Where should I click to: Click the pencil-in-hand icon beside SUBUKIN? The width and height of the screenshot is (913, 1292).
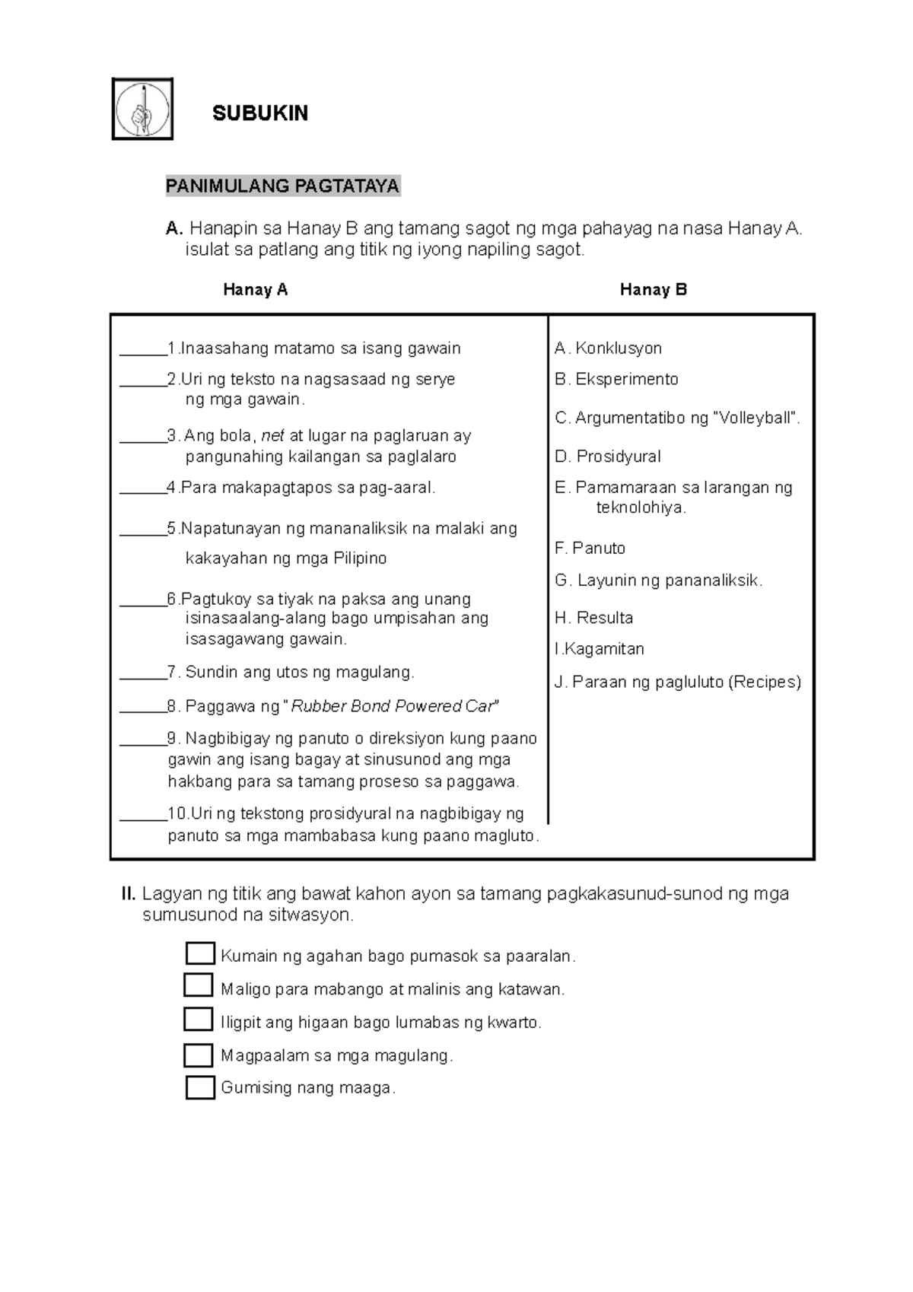tap(142, 109)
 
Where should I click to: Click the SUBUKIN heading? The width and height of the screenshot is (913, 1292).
tap(260, 113)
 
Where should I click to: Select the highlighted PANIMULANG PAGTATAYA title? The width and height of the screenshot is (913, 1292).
tap(283, 186)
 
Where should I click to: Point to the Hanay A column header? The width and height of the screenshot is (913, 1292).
tap(255, 289)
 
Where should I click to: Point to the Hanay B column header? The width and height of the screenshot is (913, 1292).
tap(653, 289)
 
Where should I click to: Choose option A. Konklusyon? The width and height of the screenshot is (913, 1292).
tap(609, 348)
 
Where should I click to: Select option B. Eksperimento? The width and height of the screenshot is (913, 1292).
tap(616, 379)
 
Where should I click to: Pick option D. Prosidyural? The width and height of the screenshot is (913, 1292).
tap(608, 457)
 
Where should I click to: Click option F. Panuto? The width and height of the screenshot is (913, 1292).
tap(590, 548)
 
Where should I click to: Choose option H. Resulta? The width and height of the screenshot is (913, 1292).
tap(594, 618)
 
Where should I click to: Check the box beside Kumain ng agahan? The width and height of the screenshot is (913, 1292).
tap(200, 953)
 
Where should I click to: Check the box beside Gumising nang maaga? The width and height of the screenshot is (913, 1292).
tap(200, 1087)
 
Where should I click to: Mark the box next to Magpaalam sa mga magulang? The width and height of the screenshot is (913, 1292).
tap(199, 1055)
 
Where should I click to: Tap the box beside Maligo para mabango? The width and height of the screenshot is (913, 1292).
tap(199, 985)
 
